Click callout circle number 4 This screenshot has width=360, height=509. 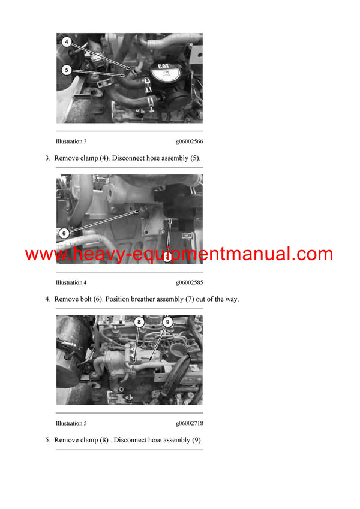pyautogui.click(x=66, y=43)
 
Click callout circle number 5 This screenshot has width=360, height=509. pyautogui.click(x=66, y=70)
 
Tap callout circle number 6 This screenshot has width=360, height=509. pyautogui.click(x=64, y=233)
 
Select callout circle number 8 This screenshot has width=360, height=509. pyautogui.click(x=139, y=321)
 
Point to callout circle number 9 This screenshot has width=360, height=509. pyautogui.click(x=167, y=321)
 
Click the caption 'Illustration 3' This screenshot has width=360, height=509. pyautogui.click(x=71, y=141)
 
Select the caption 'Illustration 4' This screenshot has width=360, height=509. pyautogui.click(x=71, y=282)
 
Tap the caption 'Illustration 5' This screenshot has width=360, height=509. pyautogui.click(x=71, y=423)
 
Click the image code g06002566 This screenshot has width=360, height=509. pyautogui.click(x=189, y=141)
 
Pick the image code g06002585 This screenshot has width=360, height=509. pyautogui.click(x=189, y=282)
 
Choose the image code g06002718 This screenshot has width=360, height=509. pyautogui.click(x=189, y=423)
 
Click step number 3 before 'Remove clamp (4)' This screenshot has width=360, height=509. pyautogui.click(x=47, y=158)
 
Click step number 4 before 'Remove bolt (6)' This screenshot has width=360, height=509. pyautogui.click(x=47, y=299)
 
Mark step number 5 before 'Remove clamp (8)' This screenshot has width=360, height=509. pyautogui.click(x=47, y=440)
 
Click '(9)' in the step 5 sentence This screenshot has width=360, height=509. pyautogui.click(x=197, y=440)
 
